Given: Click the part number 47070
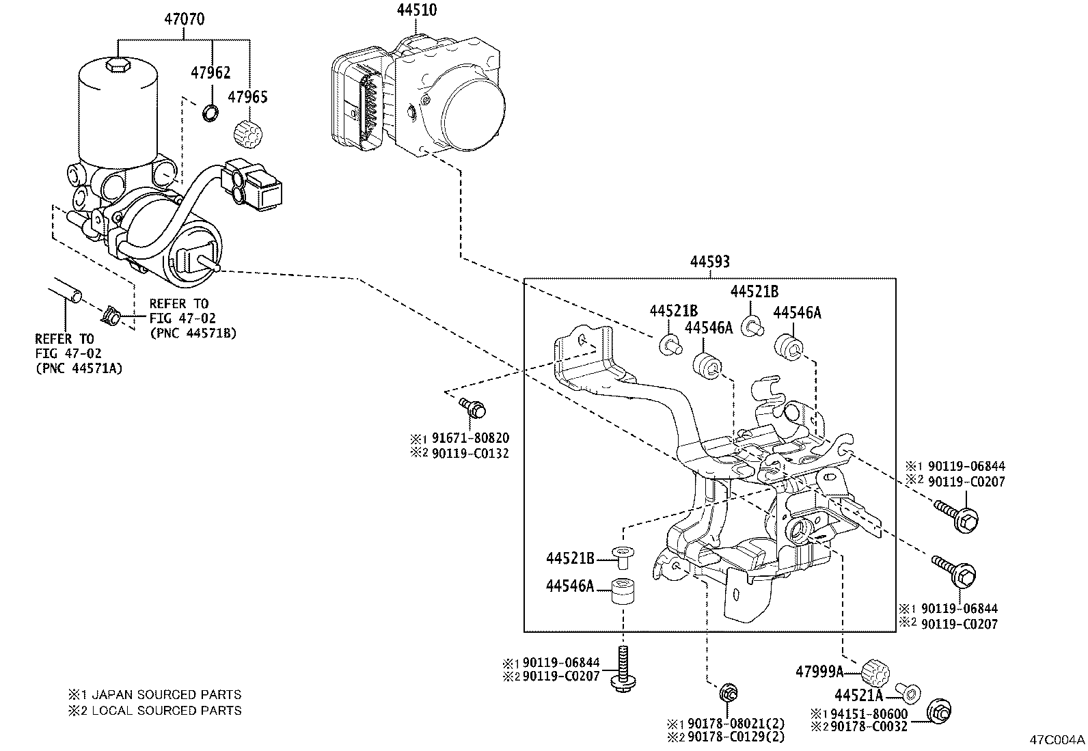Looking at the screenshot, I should tap(183, 19).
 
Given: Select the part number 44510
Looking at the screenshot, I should tap(417, 10).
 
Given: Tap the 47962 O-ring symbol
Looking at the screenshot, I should tap(211, 112).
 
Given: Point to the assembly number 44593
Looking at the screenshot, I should tap(709, 261).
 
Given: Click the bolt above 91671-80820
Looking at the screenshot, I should tap(473, 408).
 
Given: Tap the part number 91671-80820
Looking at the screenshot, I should tap(470, 438).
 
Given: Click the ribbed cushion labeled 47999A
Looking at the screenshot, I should tap(874, 671).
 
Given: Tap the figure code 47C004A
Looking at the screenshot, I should tap(1057, 740).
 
